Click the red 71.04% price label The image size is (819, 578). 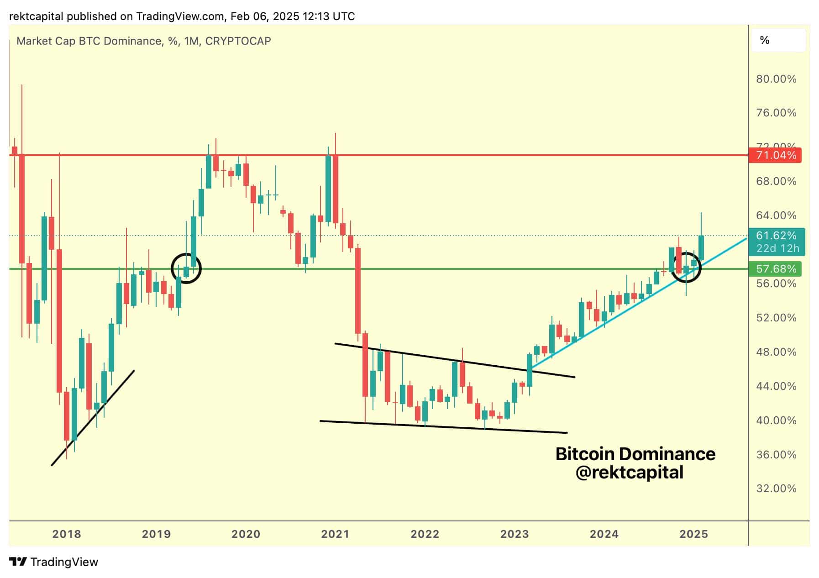(x=776, y=155)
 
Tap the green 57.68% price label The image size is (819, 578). (x=776, y=269)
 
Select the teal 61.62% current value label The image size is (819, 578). (x=776, y=236)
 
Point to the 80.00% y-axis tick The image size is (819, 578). (x=776, y=79)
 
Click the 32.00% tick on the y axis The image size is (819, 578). (x=776, y=489)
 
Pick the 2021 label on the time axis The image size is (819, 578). (x=335, y=534)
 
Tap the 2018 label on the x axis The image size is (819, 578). (x=67, y=534)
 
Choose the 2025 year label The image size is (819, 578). (x=693, y=534)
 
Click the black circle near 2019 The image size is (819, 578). (x=186, y=268)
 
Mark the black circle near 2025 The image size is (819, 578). (x=686, y=267)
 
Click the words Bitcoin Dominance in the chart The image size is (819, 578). (x=635, y=454)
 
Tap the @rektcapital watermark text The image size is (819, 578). (x=629, y=472)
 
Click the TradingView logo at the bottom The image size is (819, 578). (x=54, y=562)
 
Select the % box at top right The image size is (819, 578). (x=778, y=40)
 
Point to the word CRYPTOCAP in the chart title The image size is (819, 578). (x=238, y=41)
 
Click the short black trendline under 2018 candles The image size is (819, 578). (x=93, y=418)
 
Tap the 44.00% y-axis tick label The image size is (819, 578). (x=776, y=386)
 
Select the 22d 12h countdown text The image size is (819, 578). (x=777, y=248)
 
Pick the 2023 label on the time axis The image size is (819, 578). (x=514, y=534)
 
